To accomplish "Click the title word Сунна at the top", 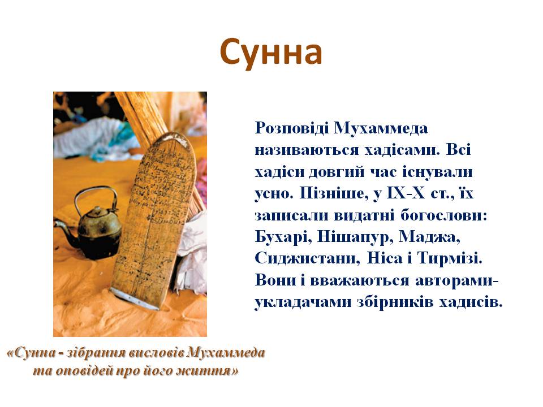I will point(271,53).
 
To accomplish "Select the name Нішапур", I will point(350,236).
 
